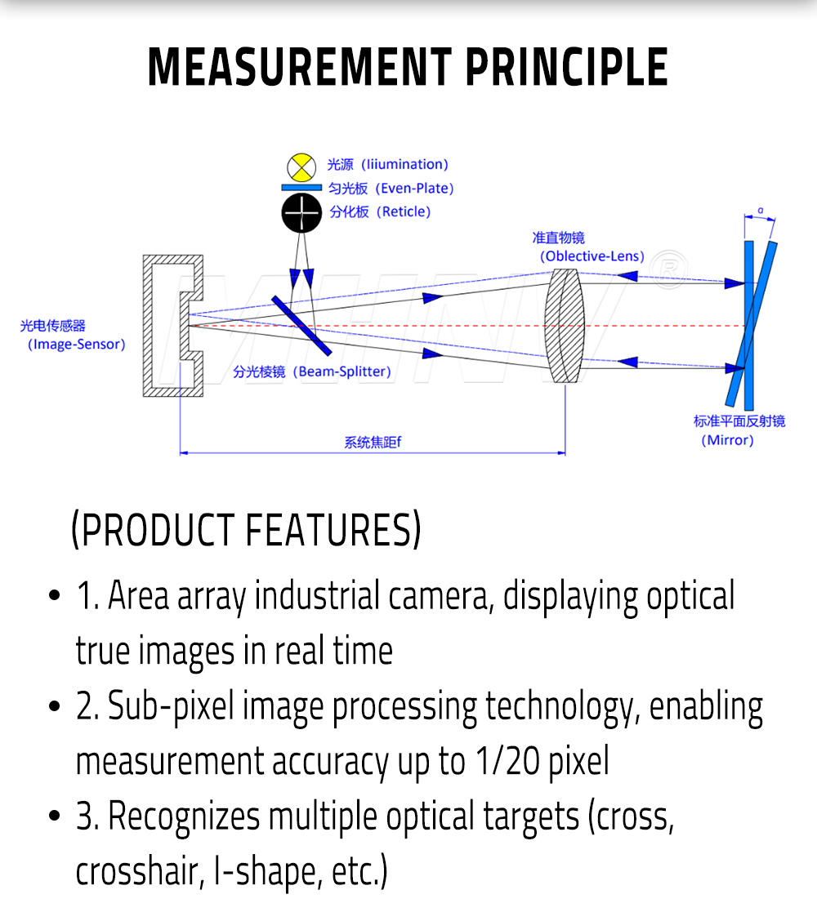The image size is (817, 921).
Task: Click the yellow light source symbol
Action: [x=301, y=167]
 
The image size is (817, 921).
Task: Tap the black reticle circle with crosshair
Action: [x=301, y=214]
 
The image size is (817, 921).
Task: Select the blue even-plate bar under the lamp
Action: [x=301, y=188]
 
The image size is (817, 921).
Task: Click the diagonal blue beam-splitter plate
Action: [x=301, y=325]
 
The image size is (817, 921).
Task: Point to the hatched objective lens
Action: [x=565, y=325]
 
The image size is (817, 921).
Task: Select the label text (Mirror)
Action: [x=727, y=440]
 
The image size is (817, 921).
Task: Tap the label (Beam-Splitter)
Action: [x=343, y=372]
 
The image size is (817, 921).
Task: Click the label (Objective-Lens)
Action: [x=592, y=256]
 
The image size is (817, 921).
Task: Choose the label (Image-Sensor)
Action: [x=77, y=345]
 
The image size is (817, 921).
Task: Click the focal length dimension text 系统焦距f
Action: [x=373, y=443]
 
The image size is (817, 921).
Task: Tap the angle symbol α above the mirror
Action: [x=760, y=211]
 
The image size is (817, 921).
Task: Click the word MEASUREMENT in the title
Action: [x=298, y=67]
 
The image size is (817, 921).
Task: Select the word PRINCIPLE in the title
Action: [x=566, y=67]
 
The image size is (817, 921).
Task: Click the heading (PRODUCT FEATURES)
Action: [x=246, y=531]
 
